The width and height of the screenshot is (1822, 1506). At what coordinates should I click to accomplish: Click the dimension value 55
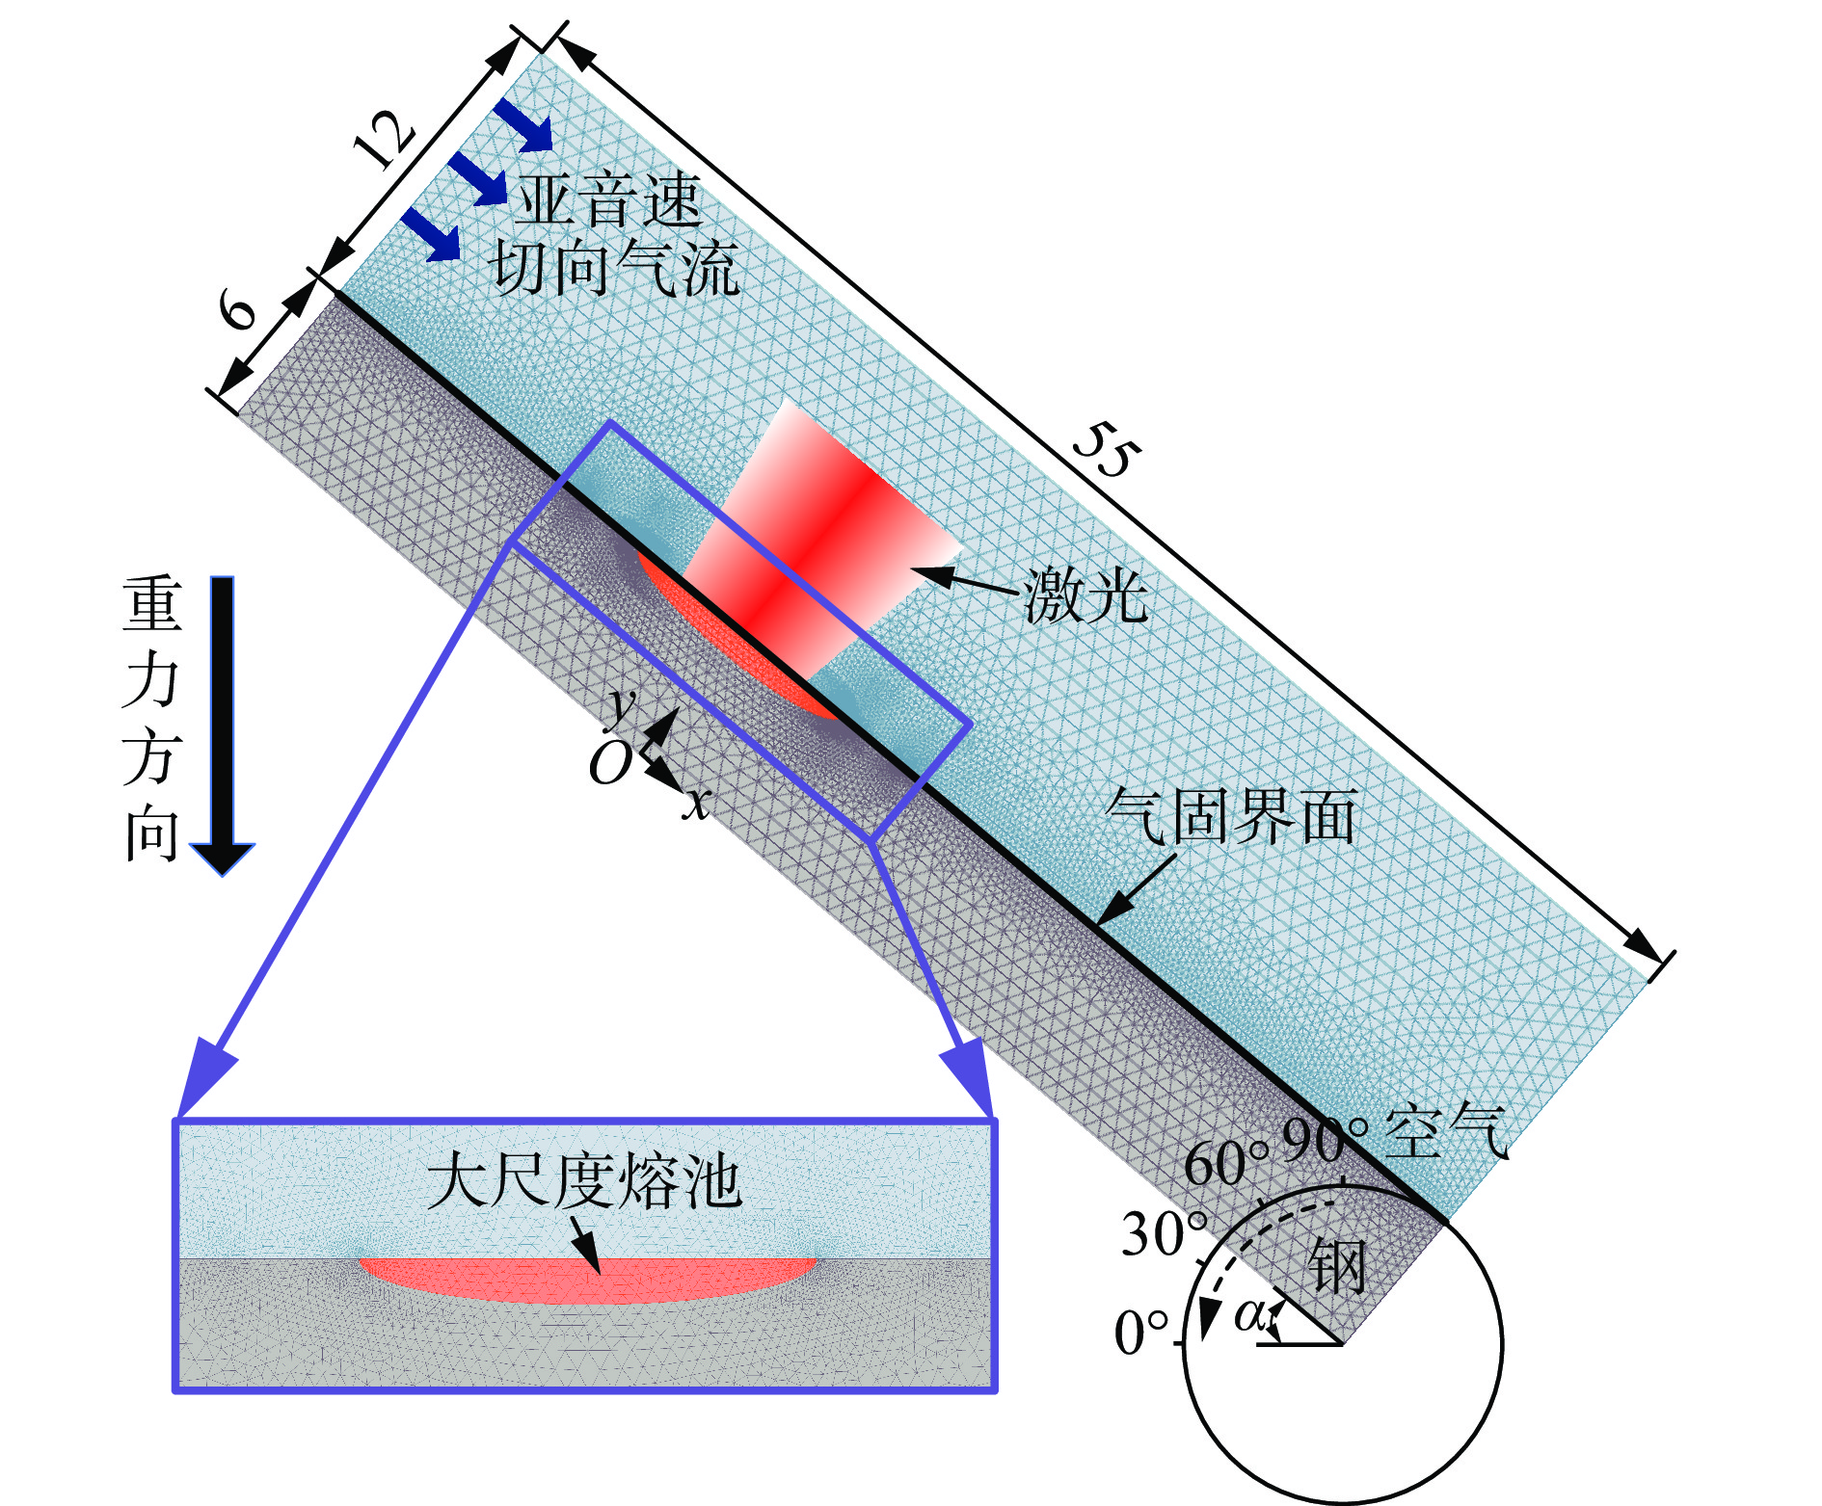[1107, 451]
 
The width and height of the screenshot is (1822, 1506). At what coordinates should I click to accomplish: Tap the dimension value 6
[237, 311]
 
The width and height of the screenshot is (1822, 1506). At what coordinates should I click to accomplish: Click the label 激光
[1085, 595]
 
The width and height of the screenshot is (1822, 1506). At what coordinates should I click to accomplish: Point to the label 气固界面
[1231, 817]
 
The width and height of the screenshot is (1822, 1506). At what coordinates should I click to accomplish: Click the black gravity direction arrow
[223, 723]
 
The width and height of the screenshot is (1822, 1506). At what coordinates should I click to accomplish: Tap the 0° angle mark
[1141, 1334]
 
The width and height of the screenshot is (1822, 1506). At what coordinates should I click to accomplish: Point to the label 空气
[1446, 1129]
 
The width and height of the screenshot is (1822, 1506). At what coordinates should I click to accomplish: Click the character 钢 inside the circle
[1338, 1266]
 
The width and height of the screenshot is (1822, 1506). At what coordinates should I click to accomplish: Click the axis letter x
[696, 802]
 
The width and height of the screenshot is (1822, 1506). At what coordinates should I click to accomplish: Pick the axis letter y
[622, 704]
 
